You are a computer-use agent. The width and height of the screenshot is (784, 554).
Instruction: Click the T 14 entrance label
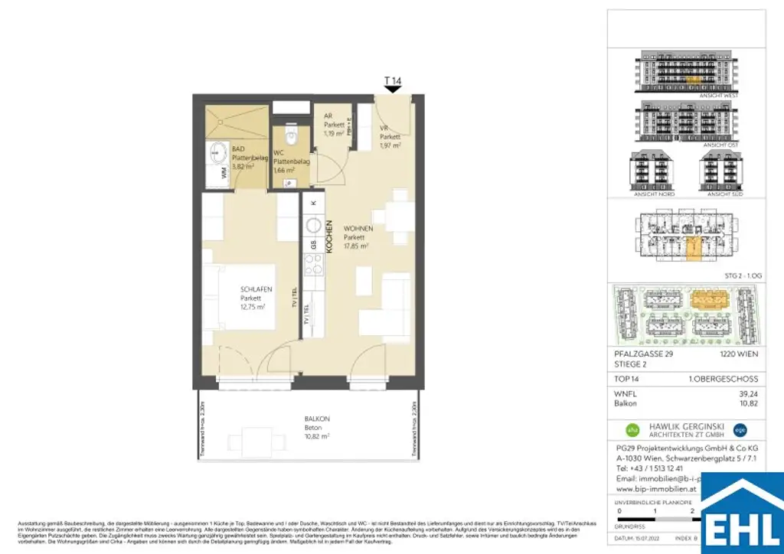coord(393,80)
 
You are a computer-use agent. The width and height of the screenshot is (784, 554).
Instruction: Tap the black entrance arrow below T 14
coord(393,90)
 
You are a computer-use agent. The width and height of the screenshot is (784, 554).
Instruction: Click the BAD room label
coord(238,148)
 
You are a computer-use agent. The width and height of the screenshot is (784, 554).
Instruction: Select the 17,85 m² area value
coord(356,247)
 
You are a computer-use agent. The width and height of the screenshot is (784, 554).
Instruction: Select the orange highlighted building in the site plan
coord(712,300)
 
